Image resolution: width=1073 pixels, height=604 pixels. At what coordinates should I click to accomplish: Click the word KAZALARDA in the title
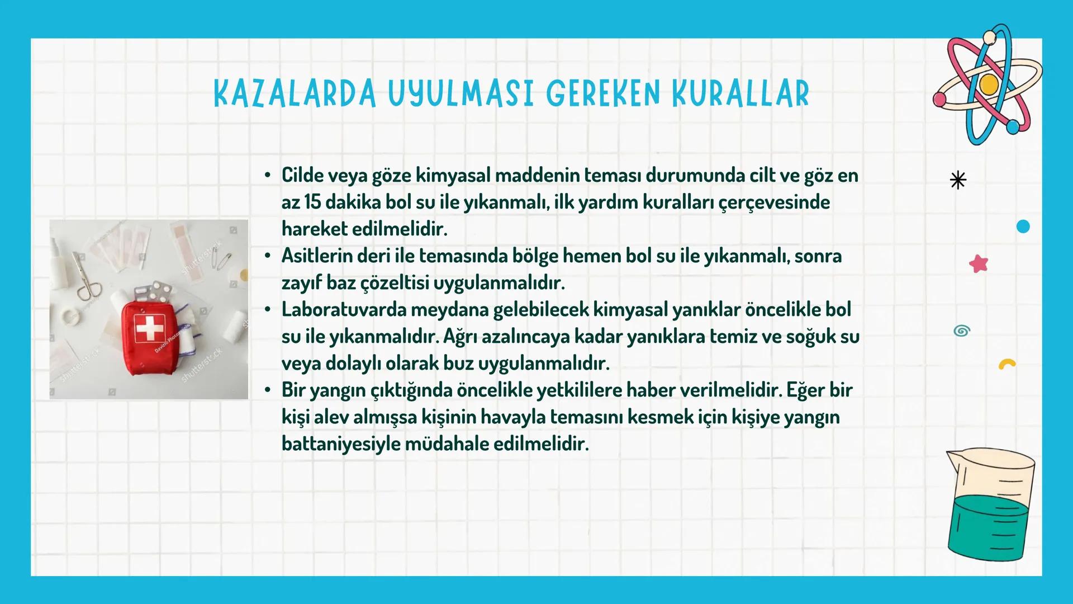(295, 93)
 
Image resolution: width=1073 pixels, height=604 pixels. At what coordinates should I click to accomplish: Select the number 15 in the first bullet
(311, 202)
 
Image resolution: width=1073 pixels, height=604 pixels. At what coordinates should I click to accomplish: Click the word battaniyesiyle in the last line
(340, 444)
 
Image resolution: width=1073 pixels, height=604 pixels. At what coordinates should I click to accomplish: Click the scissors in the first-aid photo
(87, 277)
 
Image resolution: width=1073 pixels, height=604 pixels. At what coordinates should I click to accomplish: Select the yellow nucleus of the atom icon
(989, 84)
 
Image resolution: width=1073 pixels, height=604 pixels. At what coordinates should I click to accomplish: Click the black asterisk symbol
(958, 180)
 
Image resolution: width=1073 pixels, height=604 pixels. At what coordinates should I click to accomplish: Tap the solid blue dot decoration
(1023, 226)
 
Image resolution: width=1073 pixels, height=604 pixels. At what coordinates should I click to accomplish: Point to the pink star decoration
(979, 263)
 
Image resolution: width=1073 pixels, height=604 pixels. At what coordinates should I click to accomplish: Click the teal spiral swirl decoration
(961, 331)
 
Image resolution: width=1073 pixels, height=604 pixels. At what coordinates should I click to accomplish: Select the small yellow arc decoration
(1007, 365)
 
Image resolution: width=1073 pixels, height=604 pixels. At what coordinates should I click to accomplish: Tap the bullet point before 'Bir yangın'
(268, 389)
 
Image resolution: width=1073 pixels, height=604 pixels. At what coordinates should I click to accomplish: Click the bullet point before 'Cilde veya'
(268, 175)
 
